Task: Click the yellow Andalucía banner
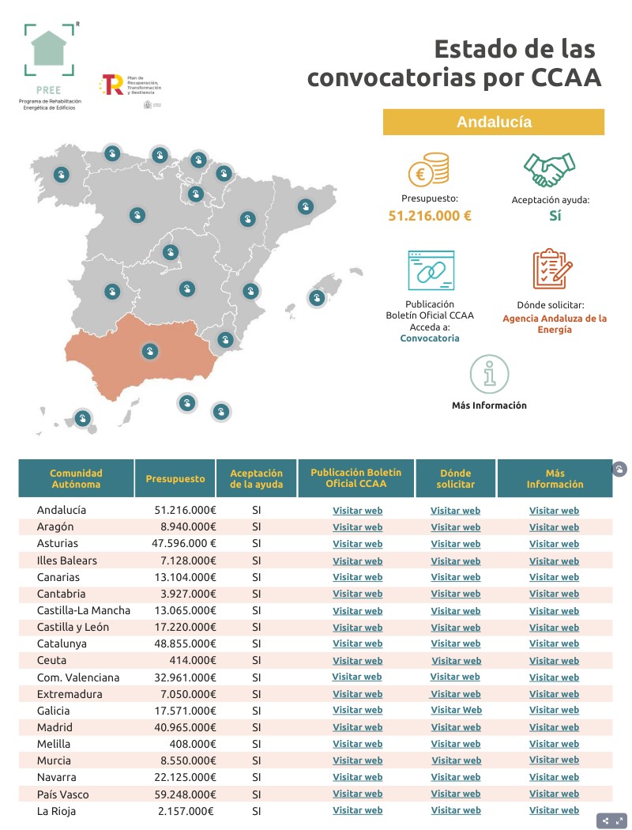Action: (494, 123)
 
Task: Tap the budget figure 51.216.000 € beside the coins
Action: (430, 215)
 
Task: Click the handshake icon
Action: (550, 168)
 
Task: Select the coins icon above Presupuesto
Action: (429, 170)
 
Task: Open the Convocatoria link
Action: (430, 338)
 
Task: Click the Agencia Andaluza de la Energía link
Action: (555, 324)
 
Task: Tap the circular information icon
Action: (489, 374)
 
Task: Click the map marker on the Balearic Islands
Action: (316, 298)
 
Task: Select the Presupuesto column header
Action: (175, 478)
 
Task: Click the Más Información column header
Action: (555, 478)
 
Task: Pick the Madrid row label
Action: (55, 727)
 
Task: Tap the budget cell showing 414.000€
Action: (193, 660)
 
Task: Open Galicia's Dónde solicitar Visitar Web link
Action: (456, 711)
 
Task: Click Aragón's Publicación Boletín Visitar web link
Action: (357, 527)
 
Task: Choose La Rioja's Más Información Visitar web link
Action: (554, 811)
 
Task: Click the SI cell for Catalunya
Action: (256, 643)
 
